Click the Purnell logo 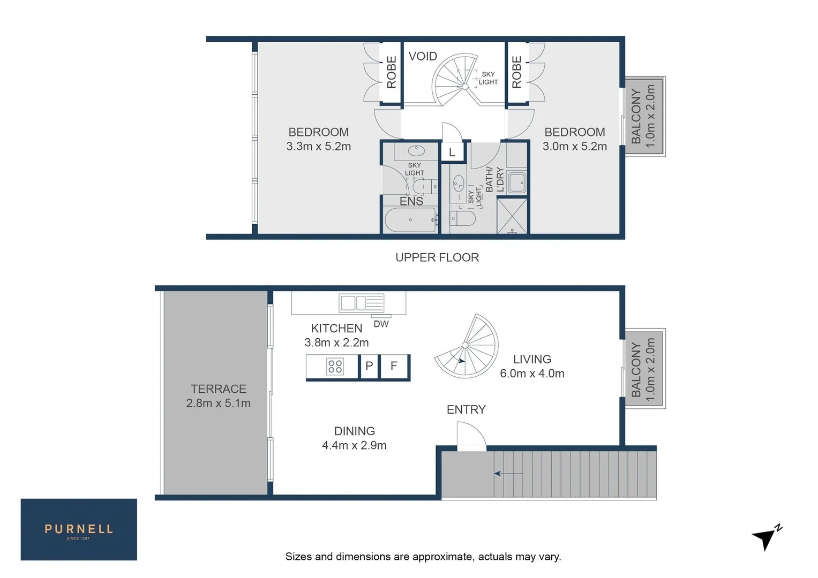click(x=79, y=529)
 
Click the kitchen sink click(x=362, y=303)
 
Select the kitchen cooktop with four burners click(x=335, y=367)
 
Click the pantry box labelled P click(x=369, y=366)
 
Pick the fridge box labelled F click(x=394, y=366)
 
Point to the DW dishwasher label click(x=381, y=324)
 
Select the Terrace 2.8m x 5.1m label click(x=218, y=396)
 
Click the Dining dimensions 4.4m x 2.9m click(x=354, y=445)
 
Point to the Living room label click(x=532, y=359)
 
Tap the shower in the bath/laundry click(x=512, y=216)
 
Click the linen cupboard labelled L click(x=452, y=153)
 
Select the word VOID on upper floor click(x=423, y=56)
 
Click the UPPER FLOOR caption click(x=437, y=257)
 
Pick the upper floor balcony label click(x=643, y=116)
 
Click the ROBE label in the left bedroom click(x=392, y=72)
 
